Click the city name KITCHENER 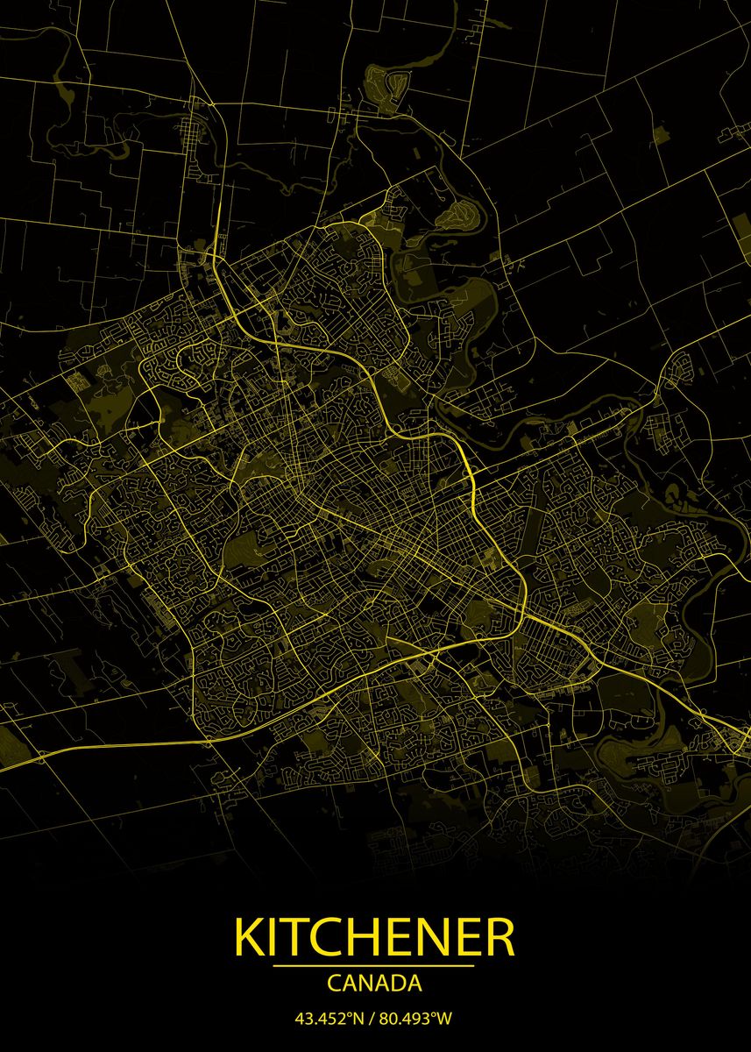pos(374,938)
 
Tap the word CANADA pos(374,984)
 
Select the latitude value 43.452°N pos(327,1019)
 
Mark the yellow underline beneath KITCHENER pos(374,966)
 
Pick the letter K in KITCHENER pos(249,938)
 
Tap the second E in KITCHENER pos(465,938)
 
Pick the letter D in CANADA pos(397,984)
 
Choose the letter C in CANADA pos(334,984)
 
